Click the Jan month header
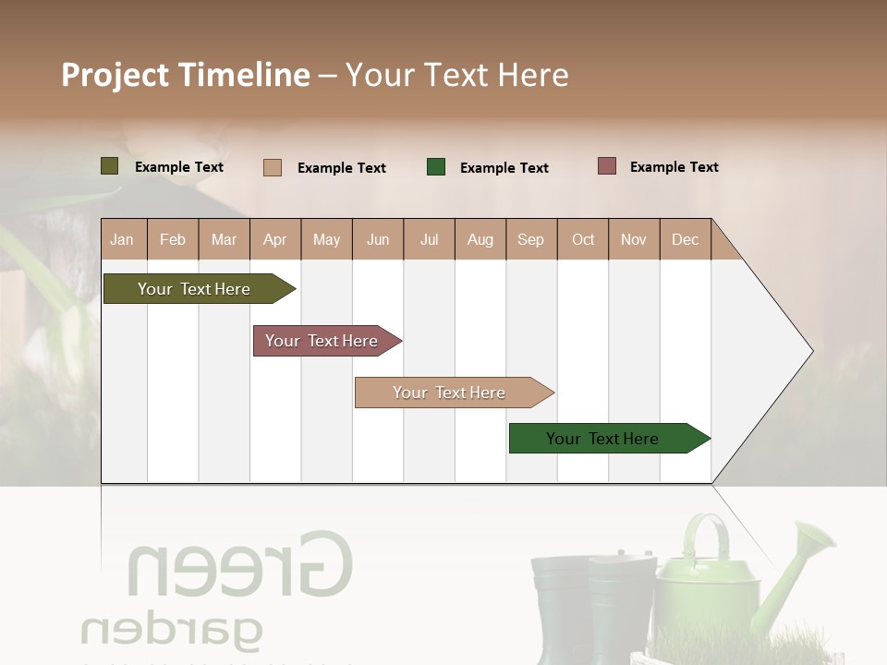[122, 239]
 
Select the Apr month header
[275, 239]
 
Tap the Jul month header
[429, 239]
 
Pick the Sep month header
[530, 239]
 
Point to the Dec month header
[685, 239]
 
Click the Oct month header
[583, 239]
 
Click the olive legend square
[109, 166]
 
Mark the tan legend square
[273, 167]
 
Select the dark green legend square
[436, 167]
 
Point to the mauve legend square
[606, 166]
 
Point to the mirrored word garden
[171, 630]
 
